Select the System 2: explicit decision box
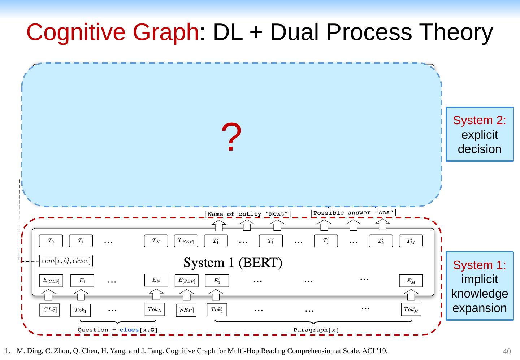click(479, 134)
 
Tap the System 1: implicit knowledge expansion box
click(479, 286)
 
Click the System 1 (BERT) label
click(233, 263)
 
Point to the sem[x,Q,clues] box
click(66, 261)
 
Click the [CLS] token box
click(49, 310)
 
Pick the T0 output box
click(51, 241)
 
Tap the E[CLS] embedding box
click(51, 281)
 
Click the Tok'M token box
click(411, 309)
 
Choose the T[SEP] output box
click(186, 241)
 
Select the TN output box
click(156, 241)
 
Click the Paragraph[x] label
click(316, 330)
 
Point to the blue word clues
click(129, 330)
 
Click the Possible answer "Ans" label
click(353, 213)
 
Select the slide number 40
click(507, 351)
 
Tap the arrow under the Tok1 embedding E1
click(82, 295)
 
